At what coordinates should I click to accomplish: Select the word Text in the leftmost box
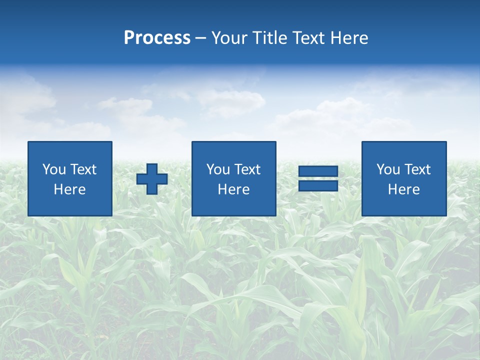tap(83, 169)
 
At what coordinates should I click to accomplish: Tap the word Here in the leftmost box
tap(69, 189)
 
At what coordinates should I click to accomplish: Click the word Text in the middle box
tap(247, 169)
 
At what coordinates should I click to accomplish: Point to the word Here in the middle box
tap(233, 189)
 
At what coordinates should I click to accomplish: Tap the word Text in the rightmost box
tap(417, 169)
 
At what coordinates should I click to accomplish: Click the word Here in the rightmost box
tap(403, 189)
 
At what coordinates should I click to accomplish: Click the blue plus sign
tap(152, 179)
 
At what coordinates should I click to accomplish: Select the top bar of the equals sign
tap(318, 171)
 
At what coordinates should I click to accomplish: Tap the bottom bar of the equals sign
tap(318, 185)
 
